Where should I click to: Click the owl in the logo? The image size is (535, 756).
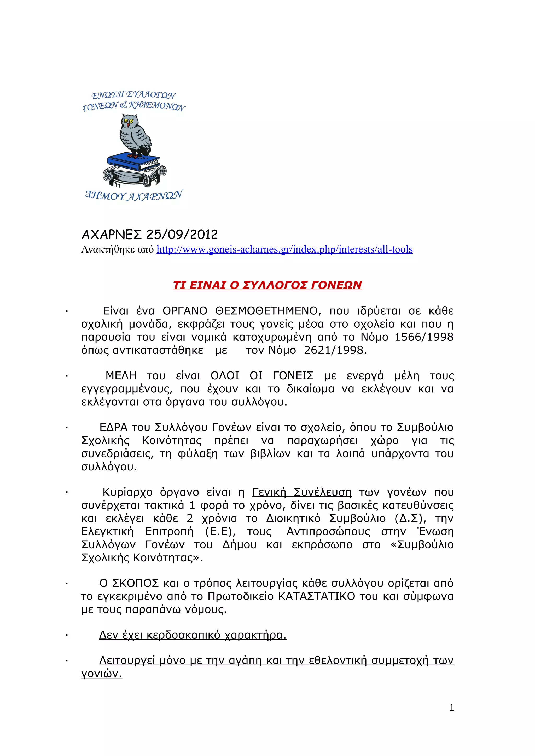click(x=135, y=136)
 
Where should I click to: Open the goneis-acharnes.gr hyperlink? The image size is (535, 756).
click(x=284, y=250)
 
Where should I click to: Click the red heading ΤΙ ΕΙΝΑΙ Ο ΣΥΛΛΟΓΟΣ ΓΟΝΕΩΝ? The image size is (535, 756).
click(x=267, y=285)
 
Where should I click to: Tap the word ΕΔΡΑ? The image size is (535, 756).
click(x=113, y=427)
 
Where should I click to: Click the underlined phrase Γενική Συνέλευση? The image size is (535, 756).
click(x=302, y=492)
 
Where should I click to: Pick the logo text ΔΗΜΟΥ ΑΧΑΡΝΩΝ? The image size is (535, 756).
click(x=133, y=196)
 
